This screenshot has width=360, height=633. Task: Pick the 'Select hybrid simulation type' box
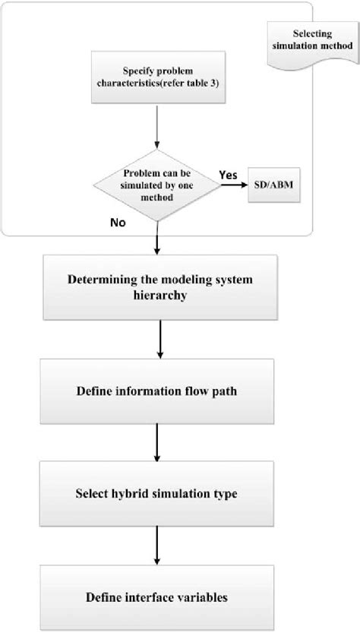pos(156,494)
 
